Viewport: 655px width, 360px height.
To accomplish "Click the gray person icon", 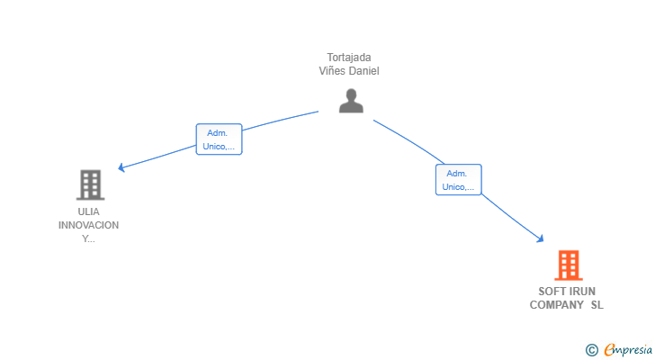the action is pos(351,101).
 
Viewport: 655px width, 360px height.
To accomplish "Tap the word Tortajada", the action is pos(349,58).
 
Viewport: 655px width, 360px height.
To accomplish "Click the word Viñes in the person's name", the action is pos(330,71).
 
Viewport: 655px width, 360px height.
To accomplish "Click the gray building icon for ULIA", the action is pos(90,184).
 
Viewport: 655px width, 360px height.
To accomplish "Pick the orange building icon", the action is pos(568,265).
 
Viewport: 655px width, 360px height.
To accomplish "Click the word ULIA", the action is pos(88,211).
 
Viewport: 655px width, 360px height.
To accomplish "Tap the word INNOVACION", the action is pos(88,225).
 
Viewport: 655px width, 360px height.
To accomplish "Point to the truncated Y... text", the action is pos(88,238).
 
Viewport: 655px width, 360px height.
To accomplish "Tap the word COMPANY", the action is pos(556,305).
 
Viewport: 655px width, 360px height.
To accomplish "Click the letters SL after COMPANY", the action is pos(597,305).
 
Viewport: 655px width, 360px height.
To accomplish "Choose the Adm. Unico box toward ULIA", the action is pos(219,139).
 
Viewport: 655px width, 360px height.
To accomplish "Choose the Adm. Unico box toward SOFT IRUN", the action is pos(459,180).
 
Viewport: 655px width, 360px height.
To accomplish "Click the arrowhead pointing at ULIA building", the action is pos(121,167).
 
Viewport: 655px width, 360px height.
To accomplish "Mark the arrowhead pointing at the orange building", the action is pos(540,238).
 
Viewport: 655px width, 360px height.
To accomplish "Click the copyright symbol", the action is pos(591,350).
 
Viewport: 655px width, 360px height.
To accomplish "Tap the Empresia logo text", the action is pos(628,349).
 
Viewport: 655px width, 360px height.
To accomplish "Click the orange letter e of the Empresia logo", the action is pos(610,349).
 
